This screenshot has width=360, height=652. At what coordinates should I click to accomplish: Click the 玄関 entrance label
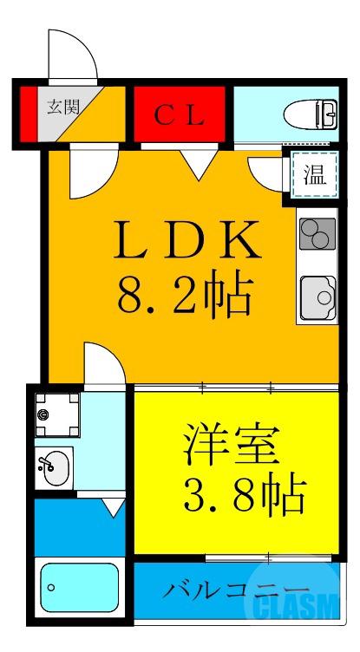point(63,108)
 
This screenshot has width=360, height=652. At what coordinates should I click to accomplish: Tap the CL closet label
point(180,115)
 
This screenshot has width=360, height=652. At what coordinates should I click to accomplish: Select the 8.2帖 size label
point(186,297)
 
